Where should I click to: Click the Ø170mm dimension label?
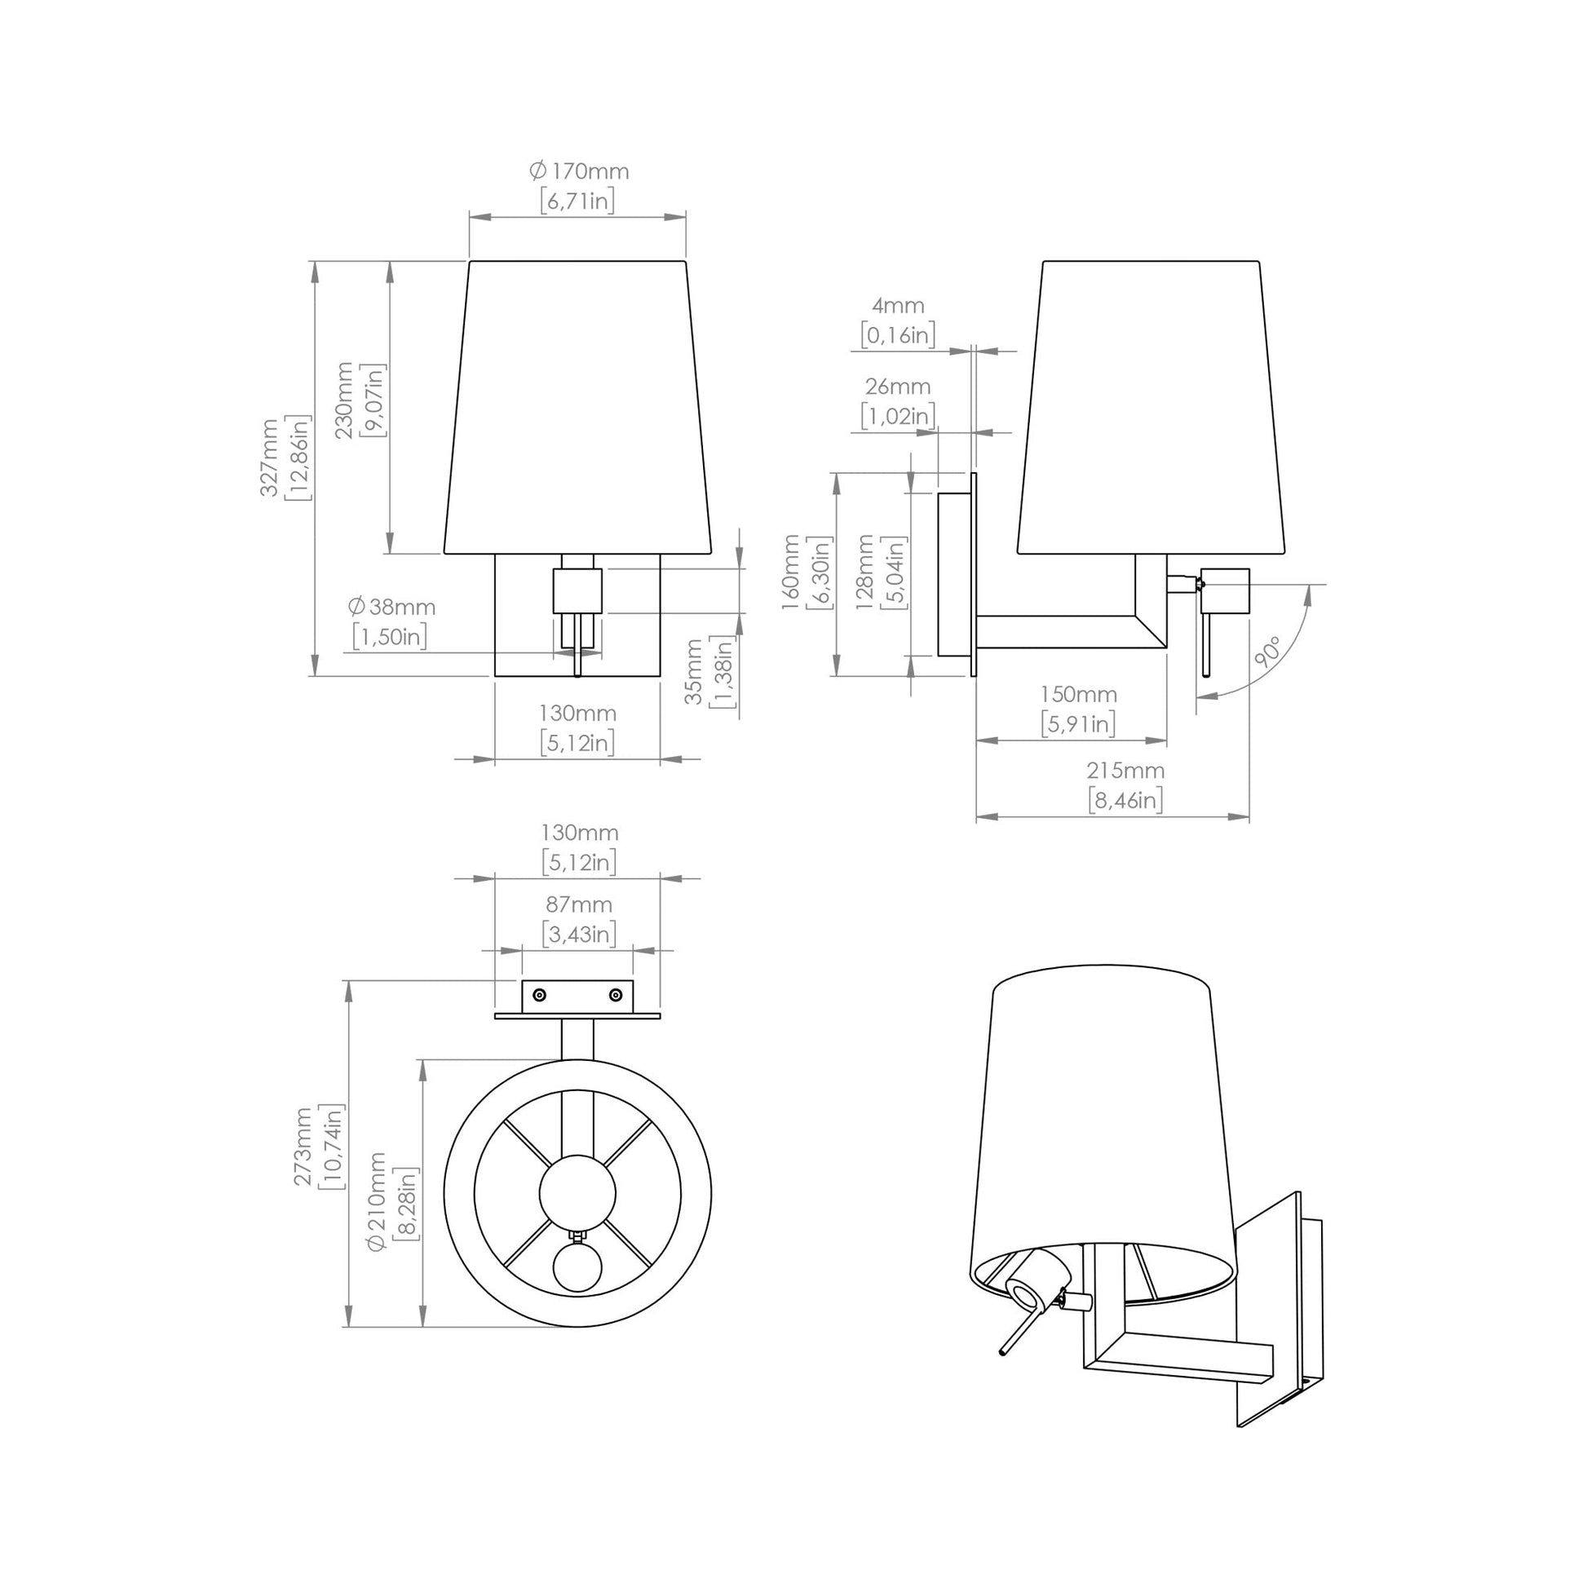579,172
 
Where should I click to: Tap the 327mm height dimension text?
269,458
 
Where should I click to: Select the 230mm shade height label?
344,400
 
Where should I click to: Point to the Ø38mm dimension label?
391,607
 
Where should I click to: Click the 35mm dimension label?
695,671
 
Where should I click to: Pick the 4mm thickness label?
898,306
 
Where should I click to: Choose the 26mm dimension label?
898,386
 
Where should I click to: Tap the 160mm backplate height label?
790,572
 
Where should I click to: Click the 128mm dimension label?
865,572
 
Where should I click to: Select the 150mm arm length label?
1079,694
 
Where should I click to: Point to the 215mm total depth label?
1125,771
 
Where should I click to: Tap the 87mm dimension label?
579,904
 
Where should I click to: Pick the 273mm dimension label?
303,1146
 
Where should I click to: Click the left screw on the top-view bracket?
539,996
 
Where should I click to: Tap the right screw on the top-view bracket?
615,996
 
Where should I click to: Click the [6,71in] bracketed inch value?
577,201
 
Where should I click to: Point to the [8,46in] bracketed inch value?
1125,799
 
